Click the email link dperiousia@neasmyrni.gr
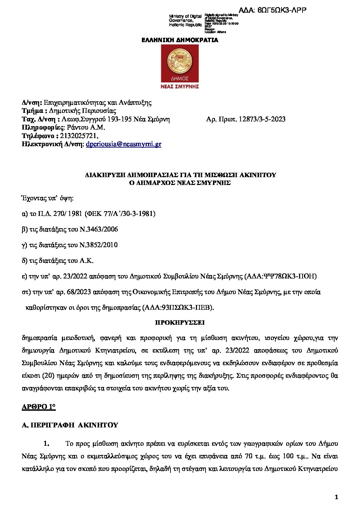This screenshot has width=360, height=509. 124,144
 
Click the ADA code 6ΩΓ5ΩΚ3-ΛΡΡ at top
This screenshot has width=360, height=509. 272,10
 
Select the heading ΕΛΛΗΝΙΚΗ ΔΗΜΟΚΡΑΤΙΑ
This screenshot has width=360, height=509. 180,40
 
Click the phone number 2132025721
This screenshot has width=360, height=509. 79,136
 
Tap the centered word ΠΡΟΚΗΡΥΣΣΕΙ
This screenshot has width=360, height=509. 180,322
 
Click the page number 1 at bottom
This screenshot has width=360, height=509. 336,497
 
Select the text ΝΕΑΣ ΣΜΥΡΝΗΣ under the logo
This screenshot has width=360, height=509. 180,86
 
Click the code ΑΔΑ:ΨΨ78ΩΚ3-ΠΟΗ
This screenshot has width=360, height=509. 281,276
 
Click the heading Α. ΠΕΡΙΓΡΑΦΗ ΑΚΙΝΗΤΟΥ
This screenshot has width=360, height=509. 70,425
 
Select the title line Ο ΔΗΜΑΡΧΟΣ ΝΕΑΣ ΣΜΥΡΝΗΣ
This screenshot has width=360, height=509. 180,183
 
